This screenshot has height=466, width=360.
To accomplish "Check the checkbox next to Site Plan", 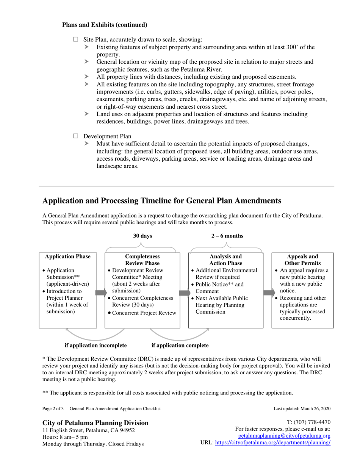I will [75, 39].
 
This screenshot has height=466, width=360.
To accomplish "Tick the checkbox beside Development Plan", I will [75, 136].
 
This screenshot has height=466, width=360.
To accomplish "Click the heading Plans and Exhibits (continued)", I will [105, 25].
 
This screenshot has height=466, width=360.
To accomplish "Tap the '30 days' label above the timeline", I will [142, 236].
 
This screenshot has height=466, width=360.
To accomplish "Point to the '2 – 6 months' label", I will [227, 236].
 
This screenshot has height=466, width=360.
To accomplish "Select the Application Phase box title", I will [68, 257].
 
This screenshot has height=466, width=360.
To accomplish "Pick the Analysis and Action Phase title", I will [226, 260].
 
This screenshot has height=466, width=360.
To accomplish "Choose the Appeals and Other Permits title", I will [303, 260].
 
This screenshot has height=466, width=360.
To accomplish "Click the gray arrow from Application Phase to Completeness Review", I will [101, 293].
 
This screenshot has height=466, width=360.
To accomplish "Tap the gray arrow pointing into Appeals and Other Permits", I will [269, 293].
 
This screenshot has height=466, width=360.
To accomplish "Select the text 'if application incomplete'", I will [95, 346].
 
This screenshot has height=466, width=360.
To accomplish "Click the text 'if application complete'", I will [180, 346].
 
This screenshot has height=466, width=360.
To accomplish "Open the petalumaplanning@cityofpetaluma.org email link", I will [284, 436].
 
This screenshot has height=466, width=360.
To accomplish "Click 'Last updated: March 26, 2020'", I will [302, 409].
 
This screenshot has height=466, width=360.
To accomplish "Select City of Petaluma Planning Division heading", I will [95, 423].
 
